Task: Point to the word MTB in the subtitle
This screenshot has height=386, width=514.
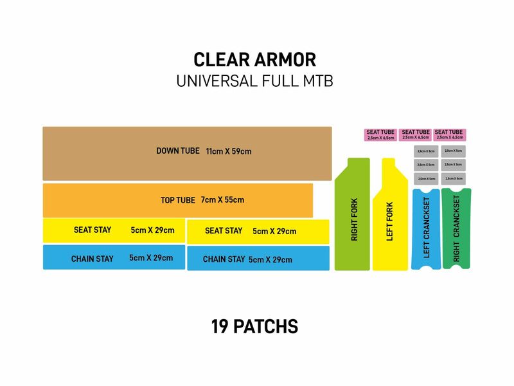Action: pos(318,82)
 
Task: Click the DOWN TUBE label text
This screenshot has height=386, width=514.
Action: pos(178,151)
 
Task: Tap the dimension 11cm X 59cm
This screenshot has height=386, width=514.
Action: pos(229,152)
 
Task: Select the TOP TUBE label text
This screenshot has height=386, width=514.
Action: pos(178,200)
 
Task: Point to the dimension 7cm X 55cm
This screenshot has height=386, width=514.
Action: pos(222,200)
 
